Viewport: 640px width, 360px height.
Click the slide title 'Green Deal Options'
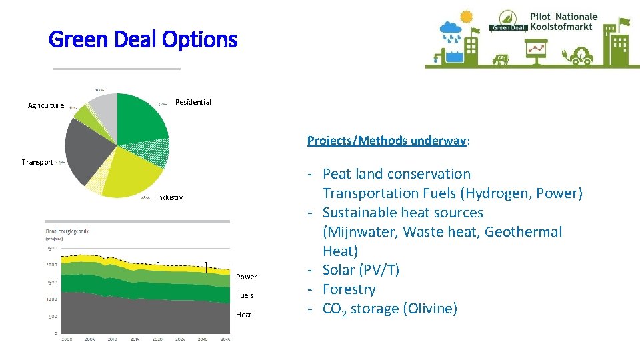click(143, 40)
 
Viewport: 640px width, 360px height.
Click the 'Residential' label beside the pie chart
click(193, 102)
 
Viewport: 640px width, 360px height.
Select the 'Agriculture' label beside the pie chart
click(46, 105)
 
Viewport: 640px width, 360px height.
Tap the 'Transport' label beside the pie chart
click(37, 162)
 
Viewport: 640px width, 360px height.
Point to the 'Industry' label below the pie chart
click(169, 197)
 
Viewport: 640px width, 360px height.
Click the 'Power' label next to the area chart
click(246, 277)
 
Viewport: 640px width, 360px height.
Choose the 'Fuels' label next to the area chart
click(245, 295)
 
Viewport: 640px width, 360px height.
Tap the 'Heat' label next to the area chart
click(243, 315)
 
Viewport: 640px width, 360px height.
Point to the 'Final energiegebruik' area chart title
click(67, 231)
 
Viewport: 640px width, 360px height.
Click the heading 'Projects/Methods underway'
click(388, 141)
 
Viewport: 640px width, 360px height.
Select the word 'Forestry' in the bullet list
click(349, 289)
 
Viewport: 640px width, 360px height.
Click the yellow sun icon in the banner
click(466, 17)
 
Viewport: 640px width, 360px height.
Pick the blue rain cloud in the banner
click(450, 30)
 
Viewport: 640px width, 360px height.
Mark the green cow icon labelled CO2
click(501, 59)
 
